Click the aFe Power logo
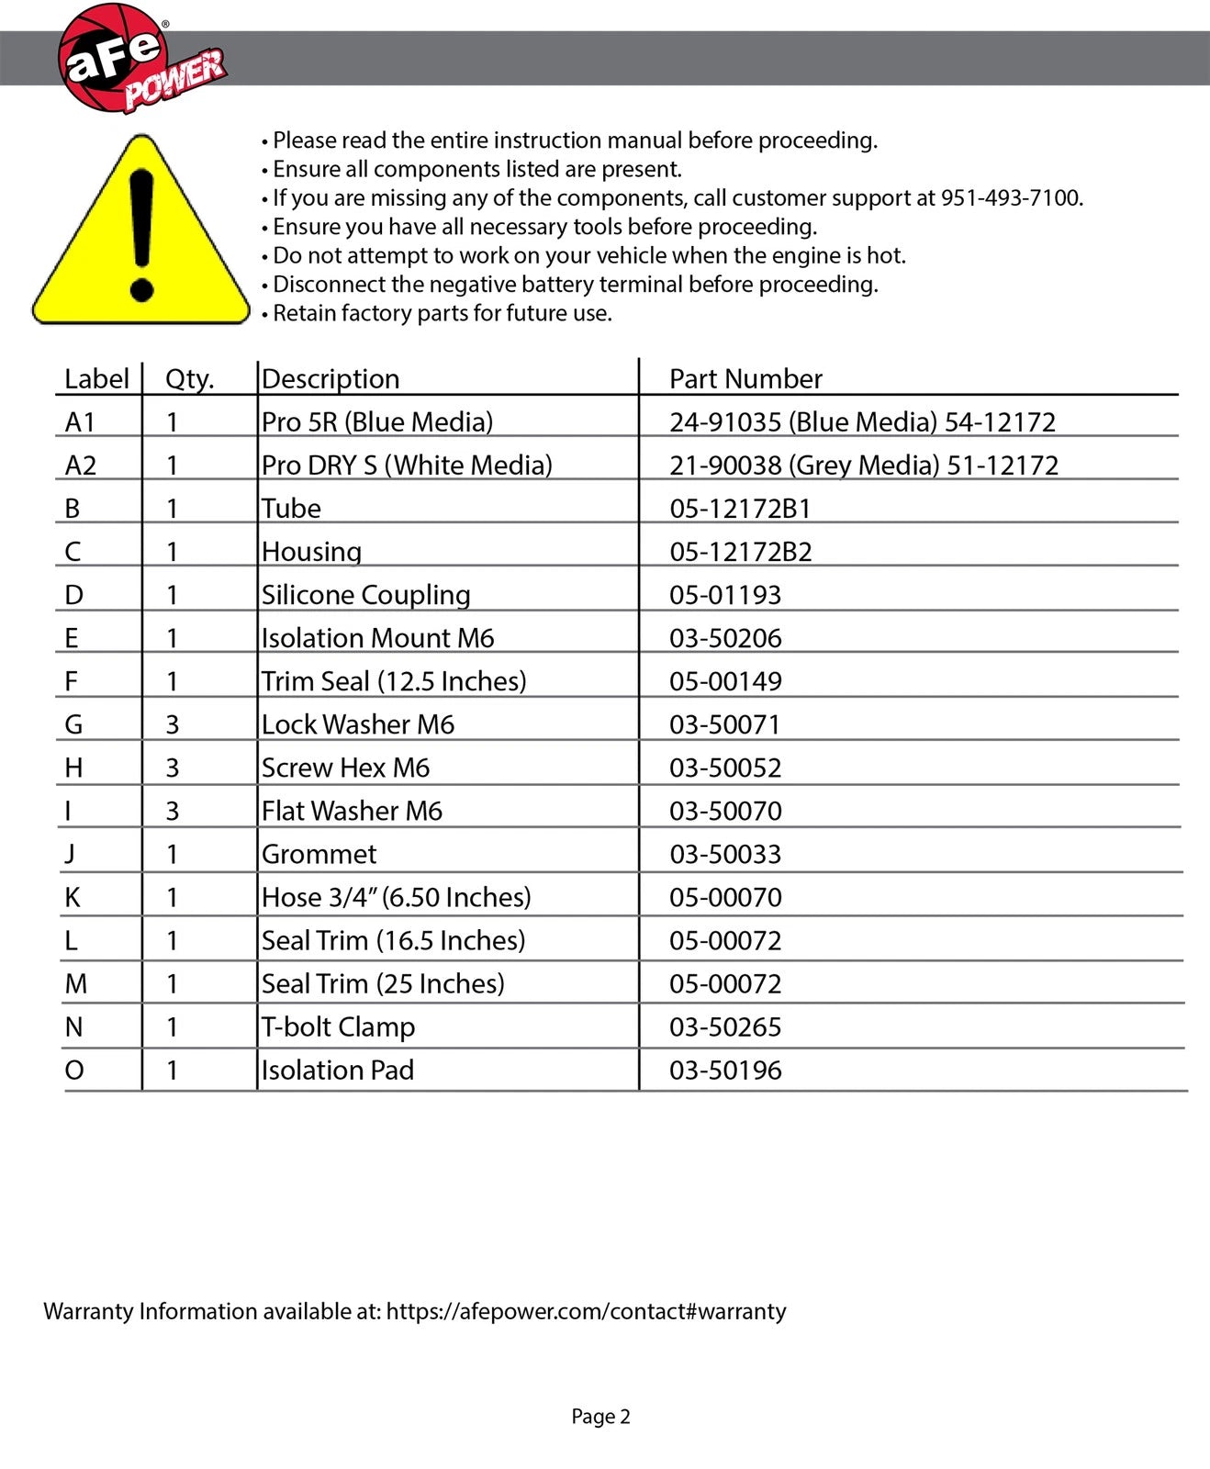pyautogui.click(x=138, y=59)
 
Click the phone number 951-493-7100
pyautogui.click(x=1011, y=198)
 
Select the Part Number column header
pyautogui.click(x=745, y=379)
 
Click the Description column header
pyautogui.click(x=331, y=379)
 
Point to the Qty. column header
pyautogui.click(x=189, y=379)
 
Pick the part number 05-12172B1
pyautogui.click(x=740, y=509)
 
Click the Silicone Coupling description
pyautogui.click(x=365, y=595)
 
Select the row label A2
pyautogui.click(x=81, y=465)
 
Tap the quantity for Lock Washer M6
pyautogui.click(x=172, y=724)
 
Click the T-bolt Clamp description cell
pyautogui.click(x=338, y=1026)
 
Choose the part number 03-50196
pyautogui.click(x=725, y=1070)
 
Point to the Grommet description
pyautogui.click(x=319, y=854)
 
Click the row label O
pyautogui.click(x=74, y=1070)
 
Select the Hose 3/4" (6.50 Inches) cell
pyautogui.click(x=396, y=897)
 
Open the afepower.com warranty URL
pyautogui.click(x=586, y=1311)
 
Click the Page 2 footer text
pyautogui.click(x=600, y=1417)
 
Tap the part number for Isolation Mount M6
pyautogui.click(x=725, y=638)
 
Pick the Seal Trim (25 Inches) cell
pyautogui.click(x=383, y=983)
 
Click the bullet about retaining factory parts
pyautogui.click(x=442, y=314)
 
